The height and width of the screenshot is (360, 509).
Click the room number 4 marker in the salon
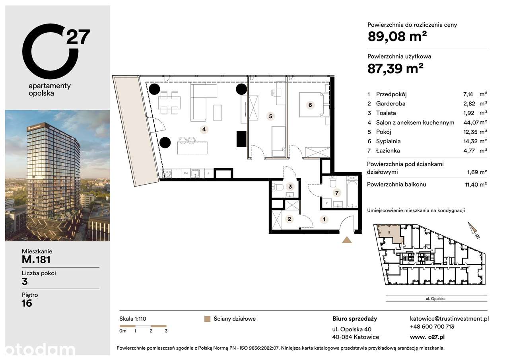coord(204,129)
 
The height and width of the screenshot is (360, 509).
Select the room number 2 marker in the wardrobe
coord(289,219)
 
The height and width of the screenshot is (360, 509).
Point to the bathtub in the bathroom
coord(352,192)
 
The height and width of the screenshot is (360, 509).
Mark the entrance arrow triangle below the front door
coord(347,239)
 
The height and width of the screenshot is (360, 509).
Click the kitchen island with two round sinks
coord(192,146)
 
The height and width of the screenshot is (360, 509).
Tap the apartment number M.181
coord(36,260)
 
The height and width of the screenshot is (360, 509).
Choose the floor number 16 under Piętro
coord(27,304)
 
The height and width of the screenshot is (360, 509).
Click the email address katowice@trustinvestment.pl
coord(449,319)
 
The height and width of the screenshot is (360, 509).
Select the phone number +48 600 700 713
coord(432,327)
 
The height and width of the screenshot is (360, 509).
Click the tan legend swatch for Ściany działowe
coord(207,319)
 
